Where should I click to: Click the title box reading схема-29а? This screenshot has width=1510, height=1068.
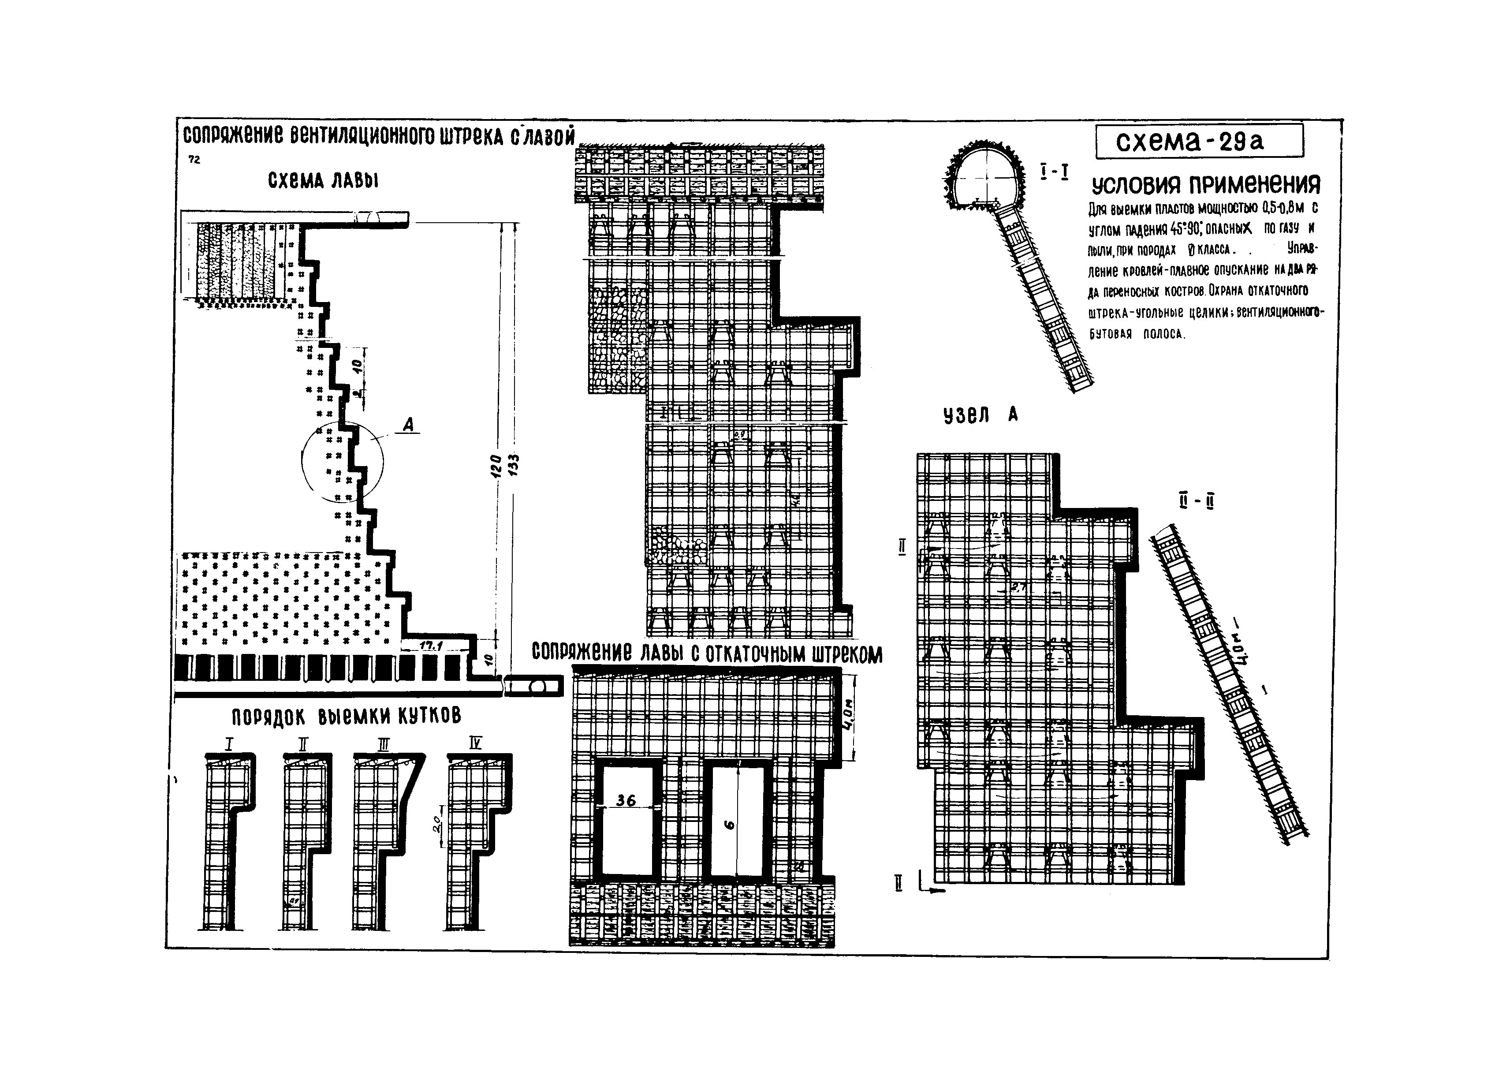pyautogui.click(x=1198, y=142)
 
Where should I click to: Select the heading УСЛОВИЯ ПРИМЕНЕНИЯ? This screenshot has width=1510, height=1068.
pyautogui.click(x=1205, y=185)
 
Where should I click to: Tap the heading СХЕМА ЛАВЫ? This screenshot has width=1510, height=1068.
pyautogui.click(x=323, y=180)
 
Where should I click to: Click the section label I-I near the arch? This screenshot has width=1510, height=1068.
pyautogui.click(x=1054, y=172)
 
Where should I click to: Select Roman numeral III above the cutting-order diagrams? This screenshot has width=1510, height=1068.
pyautogui.click(x=384, y=744)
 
